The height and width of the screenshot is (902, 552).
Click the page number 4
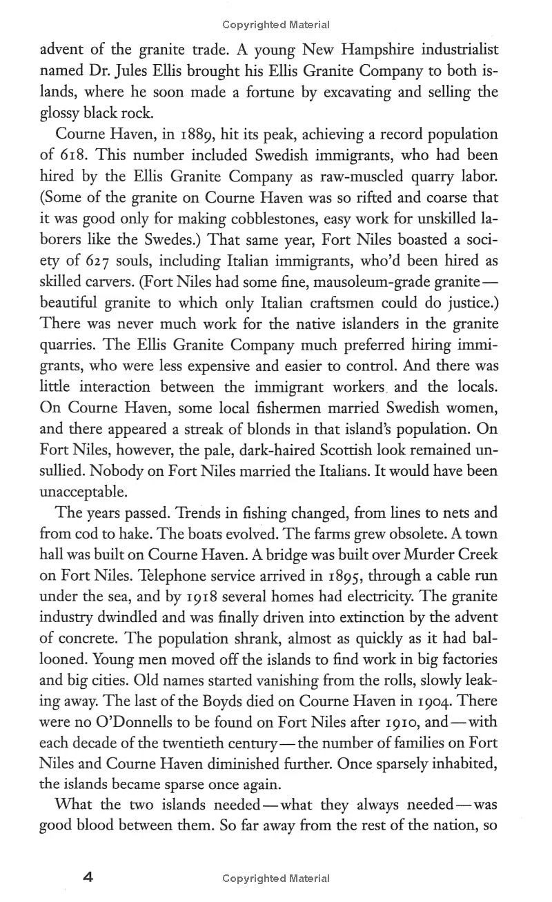point(88,877)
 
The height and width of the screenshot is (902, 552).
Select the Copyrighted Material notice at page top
point(276,25)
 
